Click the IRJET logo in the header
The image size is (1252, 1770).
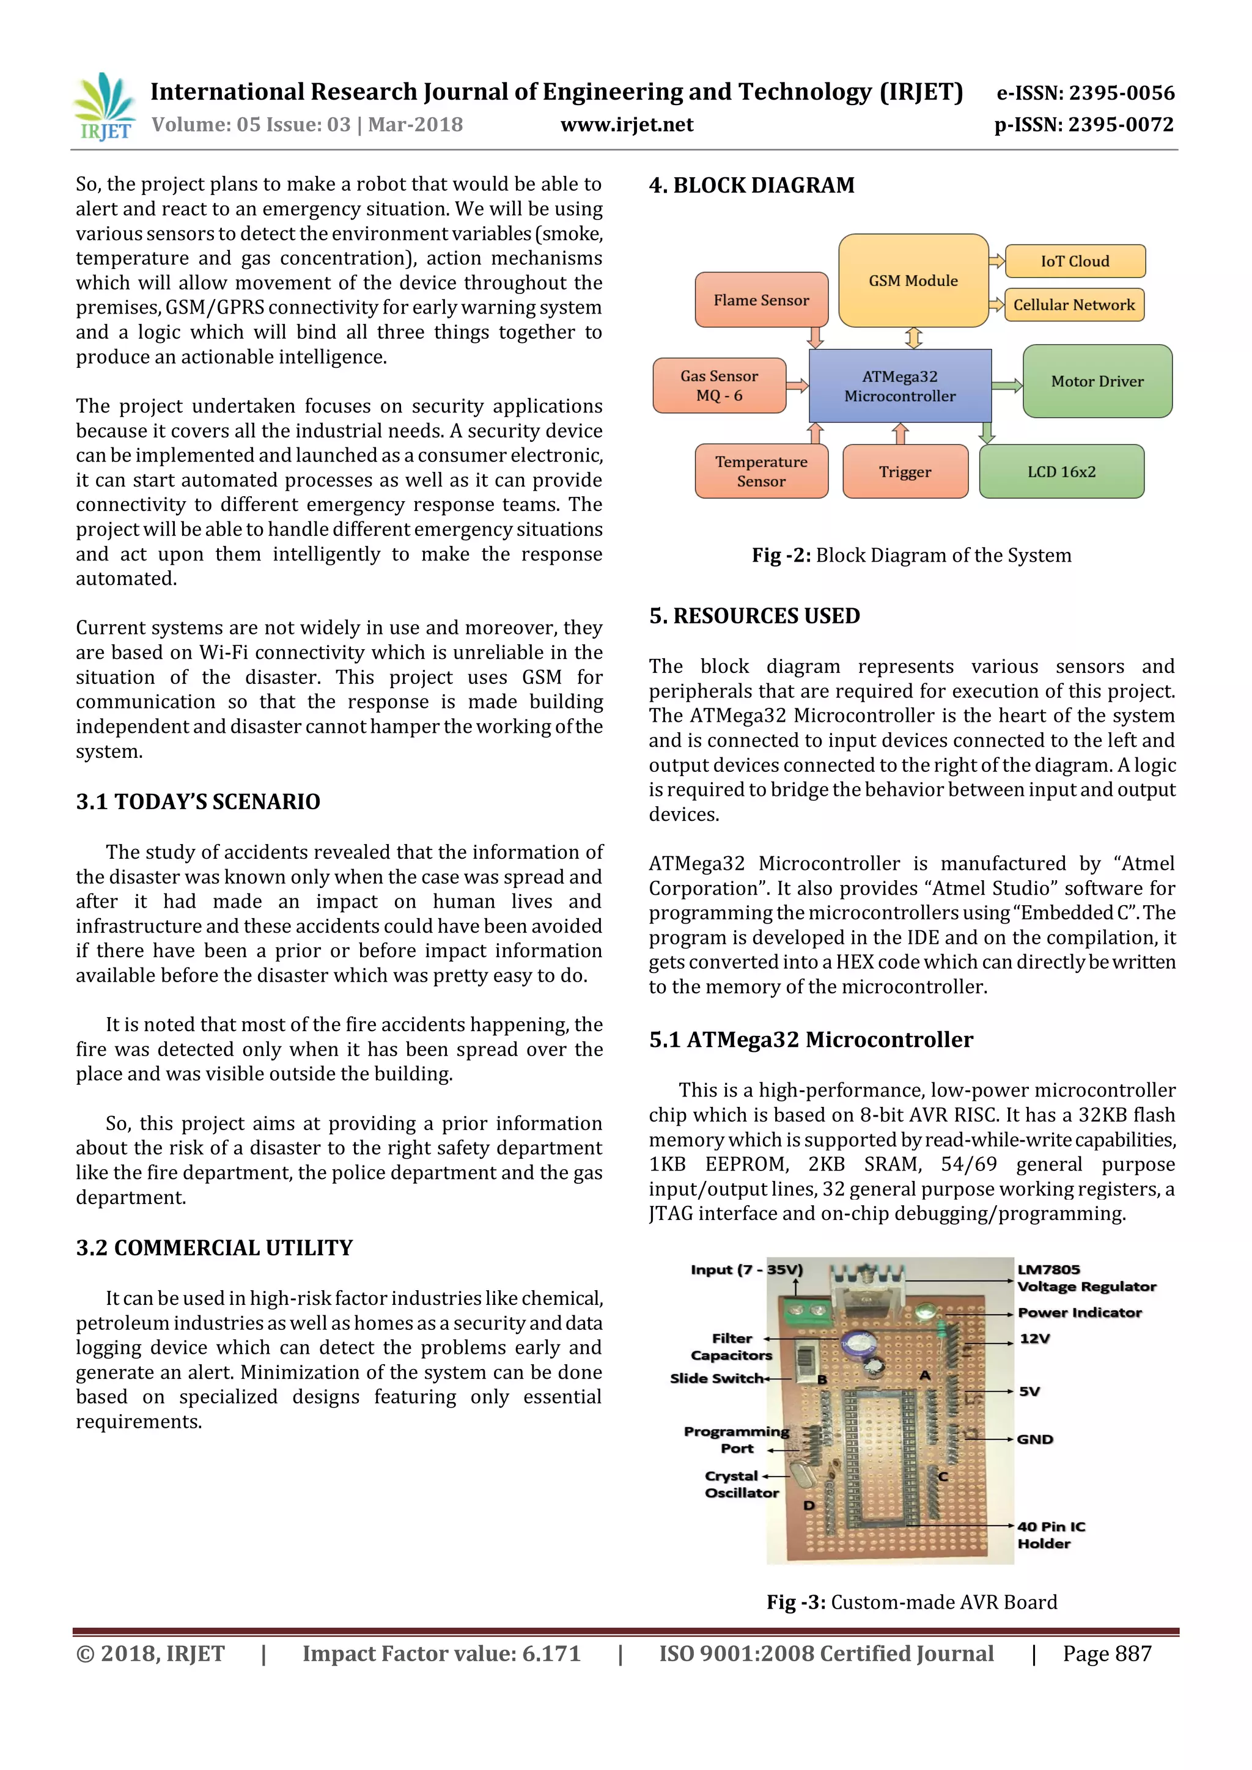coord(103,106)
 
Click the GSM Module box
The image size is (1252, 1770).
coord(913,281)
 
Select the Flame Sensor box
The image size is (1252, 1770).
coord(761,300)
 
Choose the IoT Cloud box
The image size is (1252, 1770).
coord(1075,262)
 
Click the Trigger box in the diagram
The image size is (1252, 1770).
coord(905,472)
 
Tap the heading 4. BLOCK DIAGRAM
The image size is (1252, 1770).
coord(752,185)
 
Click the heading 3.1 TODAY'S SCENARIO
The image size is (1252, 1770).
coord(197,802)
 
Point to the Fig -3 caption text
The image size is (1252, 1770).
coord(911,1602)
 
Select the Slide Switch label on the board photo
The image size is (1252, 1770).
coord(716,1378)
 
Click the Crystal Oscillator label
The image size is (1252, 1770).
coord(742,1484)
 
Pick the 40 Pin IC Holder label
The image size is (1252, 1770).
coord(1050,1535)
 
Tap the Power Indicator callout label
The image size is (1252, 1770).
coord(1080,1312)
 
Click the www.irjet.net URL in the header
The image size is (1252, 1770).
coord(626,125)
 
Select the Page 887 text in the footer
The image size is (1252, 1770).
coord(1107,1654)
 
